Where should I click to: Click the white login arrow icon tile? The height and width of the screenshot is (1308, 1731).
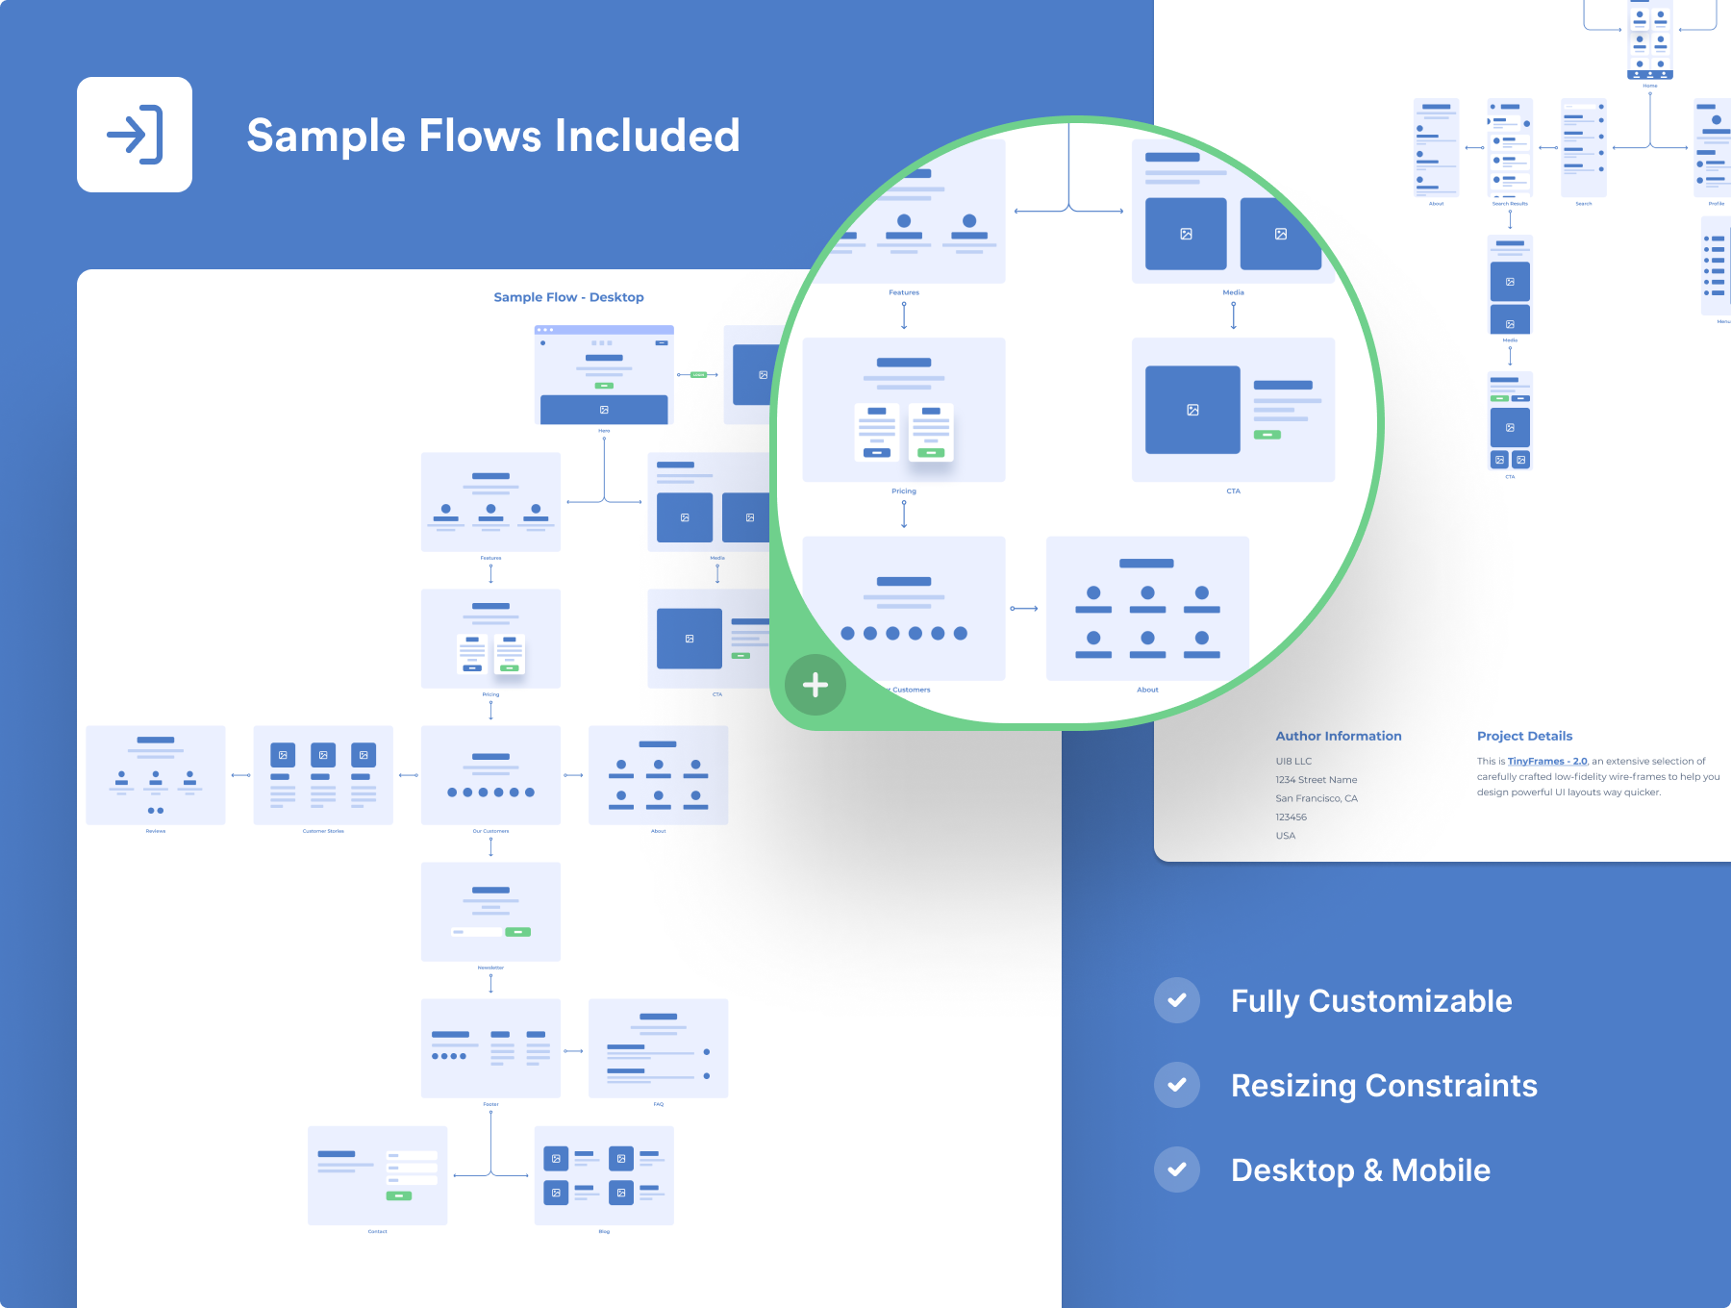pos(135,135)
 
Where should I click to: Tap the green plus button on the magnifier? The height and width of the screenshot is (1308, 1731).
pos(815,685)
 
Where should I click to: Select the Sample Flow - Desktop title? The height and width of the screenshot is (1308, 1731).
pos(568,297)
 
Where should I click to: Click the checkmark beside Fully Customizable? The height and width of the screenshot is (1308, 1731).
pos(1177,1000)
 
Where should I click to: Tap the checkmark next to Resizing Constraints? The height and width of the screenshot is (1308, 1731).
pos(1177,1085)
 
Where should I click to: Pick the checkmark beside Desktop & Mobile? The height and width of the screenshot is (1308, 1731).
pos(1177,1170)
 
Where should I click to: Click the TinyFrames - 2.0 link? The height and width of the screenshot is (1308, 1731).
pos(1547,761)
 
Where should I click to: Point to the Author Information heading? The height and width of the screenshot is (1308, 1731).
pos(1338,736)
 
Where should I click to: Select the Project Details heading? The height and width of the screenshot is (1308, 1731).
pos(1524,736)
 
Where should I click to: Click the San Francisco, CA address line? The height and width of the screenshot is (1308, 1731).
pos(1316,798)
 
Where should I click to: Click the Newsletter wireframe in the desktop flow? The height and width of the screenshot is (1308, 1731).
pos(490,911)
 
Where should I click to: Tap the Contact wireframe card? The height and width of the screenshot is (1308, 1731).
pos(377,1174)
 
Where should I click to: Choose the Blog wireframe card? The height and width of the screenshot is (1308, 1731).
pos(604,1174)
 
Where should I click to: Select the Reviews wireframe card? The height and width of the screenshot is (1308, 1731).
pos(156,774)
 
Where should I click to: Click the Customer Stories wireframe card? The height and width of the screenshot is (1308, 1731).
pos(323,774)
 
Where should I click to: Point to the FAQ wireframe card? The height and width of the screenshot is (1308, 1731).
pos(658,1047)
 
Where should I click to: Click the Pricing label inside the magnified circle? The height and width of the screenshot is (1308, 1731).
pos(904,491)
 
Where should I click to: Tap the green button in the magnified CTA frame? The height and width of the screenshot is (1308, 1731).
pos(1267,435)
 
